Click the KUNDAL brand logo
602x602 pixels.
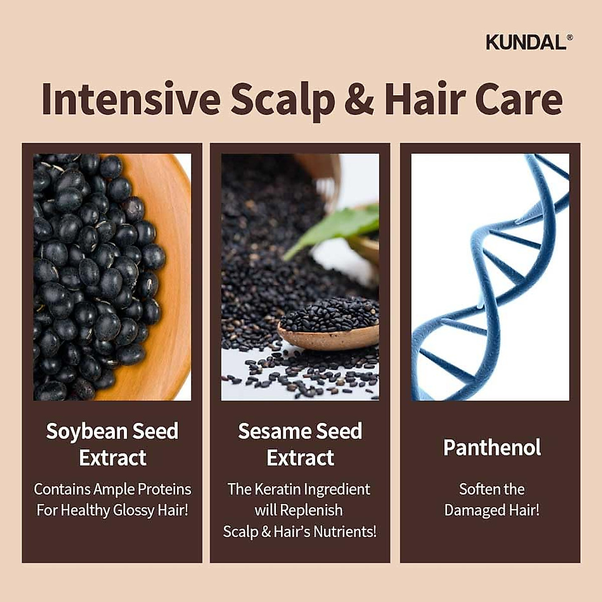pyautogui.click(x=526, y=42)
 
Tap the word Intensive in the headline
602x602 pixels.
pyautogui.click(x=131, y=99)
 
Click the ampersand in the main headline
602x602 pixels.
pyautogui.click(x=359, y=99)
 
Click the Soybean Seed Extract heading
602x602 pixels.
pyautogui.click(x=112, y=444)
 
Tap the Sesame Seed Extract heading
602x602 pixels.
pyautogui.click(x=300, y=444)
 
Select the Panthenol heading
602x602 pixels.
pyautogui.click(x=492, y=447)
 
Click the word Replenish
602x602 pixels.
pyautogui.click(x=312, y=511)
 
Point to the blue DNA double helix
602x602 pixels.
pyautogui.click(x=489, y=281)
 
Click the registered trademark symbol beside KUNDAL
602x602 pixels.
pyautogui.click(x=569, y=37)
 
